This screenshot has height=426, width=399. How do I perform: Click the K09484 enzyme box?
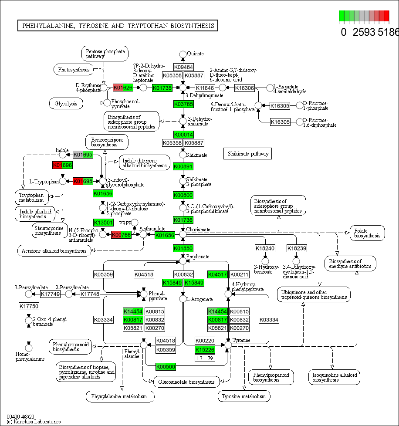click(183, 67)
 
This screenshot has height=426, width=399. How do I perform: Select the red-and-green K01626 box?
click(123, 88)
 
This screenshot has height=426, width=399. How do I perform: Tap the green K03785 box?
click(183, 104)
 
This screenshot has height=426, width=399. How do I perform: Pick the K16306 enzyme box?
click(244, 88)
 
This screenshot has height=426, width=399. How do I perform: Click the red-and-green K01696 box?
click(62, 165)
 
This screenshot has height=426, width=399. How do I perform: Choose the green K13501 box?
click(103, 223)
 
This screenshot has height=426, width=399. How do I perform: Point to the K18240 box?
click(265, 248)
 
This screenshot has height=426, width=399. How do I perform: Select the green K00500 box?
click(166, 367)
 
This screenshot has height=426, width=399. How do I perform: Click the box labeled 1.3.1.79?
click(205, 358)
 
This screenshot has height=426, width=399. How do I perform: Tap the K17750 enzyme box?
click(29, 306)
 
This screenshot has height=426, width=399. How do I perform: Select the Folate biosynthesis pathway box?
click(367, 233)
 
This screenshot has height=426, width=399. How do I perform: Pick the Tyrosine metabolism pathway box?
click(243, 396)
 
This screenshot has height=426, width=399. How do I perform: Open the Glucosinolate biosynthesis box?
click(186, 382)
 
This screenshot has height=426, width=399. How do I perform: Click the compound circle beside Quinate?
click(183, 54)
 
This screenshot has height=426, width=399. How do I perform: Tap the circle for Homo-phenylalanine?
click(29, 348)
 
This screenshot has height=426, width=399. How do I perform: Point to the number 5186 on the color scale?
click(388, 32)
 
